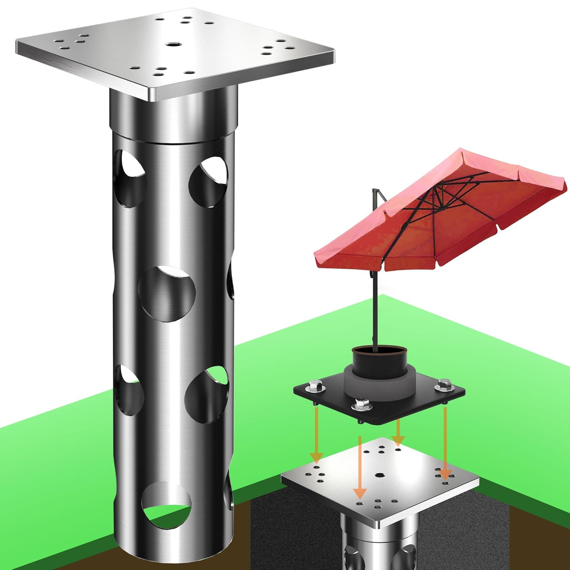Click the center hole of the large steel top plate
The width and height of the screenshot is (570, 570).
coord(173,45)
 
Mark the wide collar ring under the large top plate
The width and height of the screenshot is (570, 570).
coord(173,114)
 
